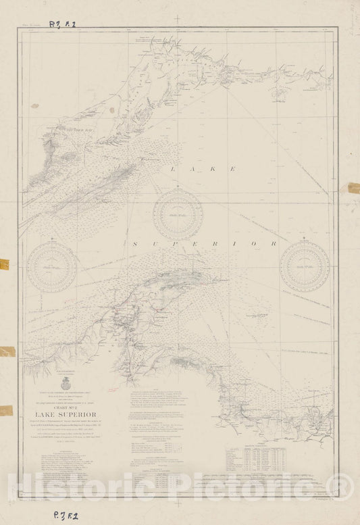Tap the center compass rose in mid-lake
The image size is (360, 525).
(x=178, y=215)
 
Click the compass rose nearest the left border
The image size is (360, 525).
(x=52, y=267)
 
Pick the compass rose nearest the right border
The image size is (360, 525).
(x=305, y=267)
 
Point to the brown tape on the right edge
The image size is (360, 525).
(x=353, y=188)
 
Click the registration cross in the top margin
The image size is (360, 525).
(x=178, y=19)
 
